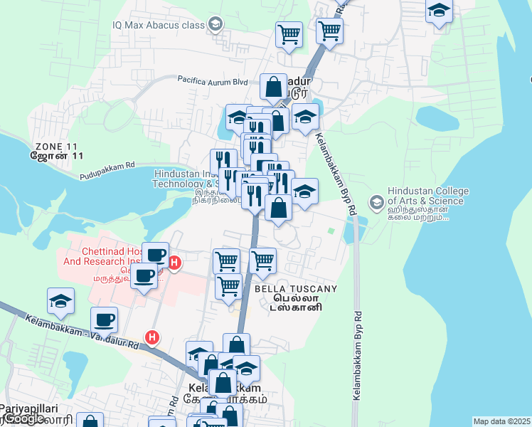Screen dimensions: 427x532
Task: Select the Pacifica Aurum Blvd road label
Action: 212,81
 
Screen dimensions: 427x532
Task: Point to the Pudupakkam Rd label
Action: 107,170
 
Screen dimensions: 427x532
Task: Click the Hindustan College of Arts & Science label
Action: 427,196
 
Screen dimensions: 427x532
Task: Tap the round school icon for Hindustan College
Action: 376,202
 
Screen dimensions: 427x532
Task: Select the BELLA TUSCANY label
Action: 295,289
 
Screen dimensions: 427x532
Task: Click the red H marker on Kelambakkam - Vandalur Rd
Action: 151,337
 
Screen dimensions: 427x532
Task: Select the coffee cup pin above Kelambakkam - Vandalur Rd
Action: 105,320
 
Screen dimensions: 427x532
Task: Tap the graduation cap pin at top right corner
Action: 440,10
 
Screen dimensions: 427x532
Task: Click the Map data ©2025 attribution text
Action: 501,421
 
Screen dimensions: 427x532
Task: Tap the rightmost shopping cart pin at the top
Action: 329,30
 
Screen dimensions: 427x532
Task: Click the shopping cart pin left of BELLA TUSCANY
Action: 228,286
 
